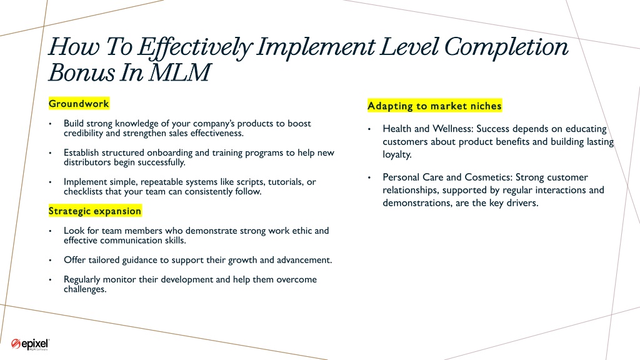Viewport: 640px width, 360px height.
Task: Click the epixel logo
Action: tap(30, 344)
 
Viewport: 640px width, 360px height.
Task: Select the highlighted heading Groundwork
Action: tap(79, 104)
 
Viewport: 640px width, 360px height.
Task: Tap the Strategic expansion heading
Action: tap(95, 211)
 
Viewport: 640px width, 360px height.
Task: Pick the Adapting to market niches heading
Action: tap(434, 106)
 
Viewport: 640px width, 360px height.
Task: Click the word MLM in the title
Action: tap(180, 72)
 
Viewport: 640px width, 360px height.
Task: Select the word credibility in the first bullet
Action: tap(83, 134)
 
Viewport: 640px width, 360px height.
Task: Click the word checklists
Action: tap(83, 191)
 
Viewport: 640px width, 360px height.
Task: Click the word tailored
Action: tap(94, 260)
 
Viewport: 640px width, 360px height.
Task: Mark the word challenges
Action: tap(85, 289)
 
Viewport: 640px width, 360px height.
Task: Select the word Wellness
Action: tap(452, 129)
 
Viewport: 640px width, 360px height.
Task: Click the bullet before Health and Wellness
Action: tap(369, 129)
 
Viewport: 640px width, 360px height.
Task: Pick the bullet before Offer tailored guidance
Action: tap(50, 260)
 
